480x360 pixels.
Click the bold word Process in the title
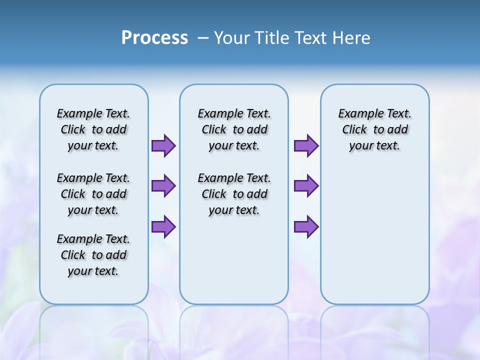point(154,38)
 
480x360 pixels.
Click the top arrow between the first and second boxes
point(163,145)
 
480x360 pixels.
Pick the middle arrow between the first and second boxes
point(163,186)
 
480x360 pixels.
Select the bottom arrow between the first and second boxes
point(163,226)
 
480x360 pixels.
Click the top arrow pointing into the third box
point(306,145)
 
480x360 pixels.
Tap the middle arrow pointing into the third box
point(306,186)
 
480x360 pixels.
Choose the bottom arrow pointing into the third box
point(306,226)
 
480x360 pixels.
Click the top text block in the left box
point(93,129)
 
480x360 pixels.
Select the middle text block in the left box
point(93,194)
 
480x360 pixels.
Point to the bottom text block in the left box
point(93,255)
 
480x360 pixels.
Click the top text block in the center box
point(234,129)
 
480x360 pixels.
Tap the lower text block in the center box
point(234,194)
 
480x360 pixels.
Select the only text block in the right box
point(374,129)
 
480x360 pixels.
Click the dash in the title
point(203,38)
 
